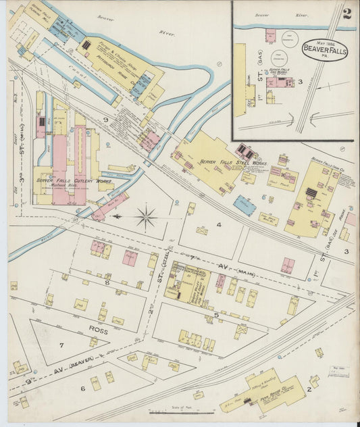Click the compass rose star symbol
[145, 217]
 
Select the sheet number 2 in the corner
[346, 14]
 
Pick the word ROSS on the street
[97, 330]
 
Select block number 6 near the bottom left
[83, 388]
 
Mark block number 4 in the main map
[219, 224]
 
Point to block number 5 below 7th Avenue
[215, 314]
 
